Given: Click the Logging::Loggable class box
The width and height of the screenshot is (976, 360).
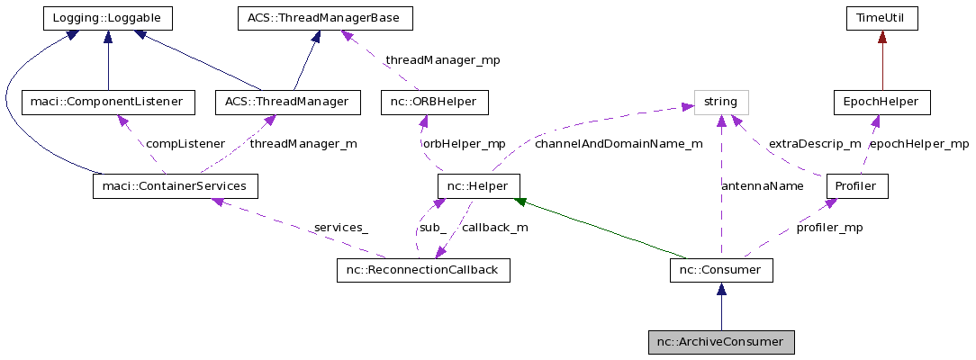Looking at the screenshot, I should point(108,18).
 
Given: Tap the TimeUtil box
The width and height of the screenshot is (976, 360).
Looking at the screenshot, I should point(881,18).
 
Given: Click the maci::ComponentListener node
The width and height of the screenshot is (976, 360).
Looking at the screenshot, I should point(108,102).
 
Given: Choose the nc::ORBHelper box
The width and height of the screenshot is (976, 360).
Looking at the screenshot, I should point(434,102).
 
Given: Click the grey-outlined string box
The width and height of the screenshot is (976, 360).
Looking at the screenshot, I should point(720,102).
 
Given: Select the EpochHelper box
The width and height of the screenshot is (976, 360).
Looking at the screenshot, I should point(881,102).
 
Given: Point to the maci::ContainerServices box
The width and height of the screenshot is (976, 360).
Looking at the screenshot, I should point(176,186).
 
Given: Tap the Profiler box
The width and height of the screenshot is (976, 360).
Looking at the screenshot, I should point(857,186).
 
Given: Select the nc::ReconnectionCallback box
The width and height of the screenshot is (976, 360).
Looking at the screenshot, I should point(422,270).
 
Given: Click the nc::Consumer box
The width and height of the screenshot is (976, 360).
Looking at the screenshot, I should point(721,270).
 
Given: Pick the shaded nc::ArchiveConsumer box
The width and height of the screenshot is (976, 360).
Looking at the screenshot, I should point(721,342).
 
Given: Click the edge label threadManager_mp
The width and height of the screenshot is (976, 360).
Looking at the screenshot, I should point(442,60).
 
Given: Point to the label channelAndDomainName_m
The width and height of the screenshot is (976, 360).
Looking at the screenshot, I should point(618,144).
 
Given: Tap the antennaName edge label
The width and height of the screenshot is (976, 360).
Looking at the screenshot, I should point(762,186).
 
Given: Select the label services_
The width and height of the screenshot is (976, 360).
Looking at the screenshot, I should point(340,228).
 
